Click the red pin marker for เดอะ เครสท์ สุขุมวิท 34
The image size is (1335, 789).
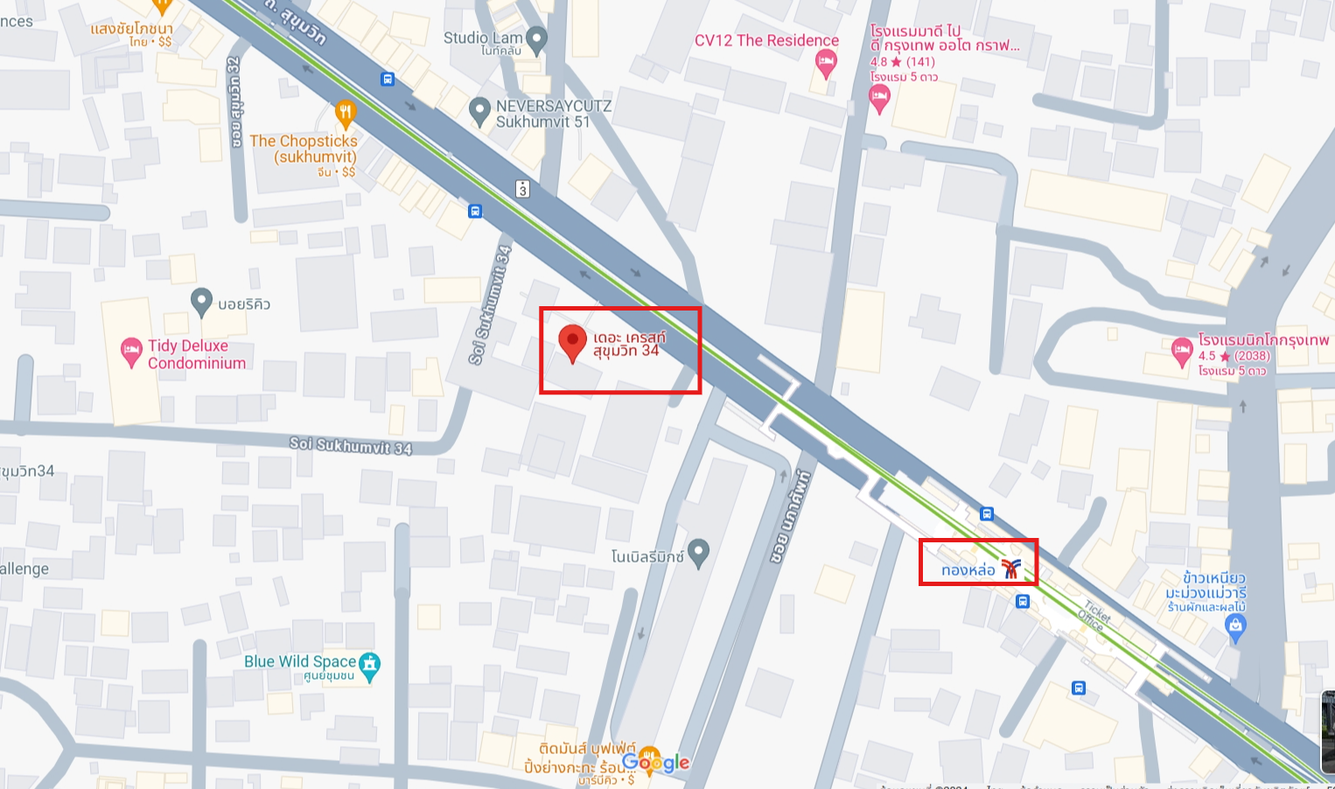point(572,342)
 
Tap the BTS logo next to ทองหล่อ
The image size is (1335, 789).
point(1011,569)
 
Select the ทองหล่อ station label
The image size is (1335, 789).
point(968,570)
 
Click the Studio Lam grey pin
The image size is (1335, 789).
point(536,39)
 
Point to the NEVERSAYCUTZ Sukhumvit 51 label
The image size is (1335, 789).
point(553,114)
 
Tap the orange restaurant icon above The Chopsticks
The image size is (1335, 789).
point(346,113)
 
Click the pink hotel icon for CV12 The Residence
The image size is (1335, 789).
point(825,63)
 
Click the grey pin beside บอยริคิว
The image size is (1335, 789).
point(201,303)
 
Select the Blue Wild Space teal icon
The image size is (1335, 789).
point(370,666)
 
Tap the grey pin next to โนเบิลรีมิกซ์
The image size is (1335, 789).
point(698,553)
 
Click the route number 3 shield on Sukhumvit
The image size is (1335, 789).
point(522,189)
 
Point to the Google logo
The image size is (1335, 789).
point(656,763)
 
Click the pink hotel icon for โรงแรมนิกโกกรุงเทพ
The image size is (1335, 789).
point(1182,352)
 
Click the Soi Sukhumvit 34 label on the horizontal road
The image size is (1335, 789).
point(350,445)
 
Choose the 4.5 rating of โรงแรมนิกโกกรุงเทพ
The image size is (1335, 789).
point(1207,356)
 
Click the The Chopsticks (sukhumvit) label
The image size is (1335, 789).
point(304,149)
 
